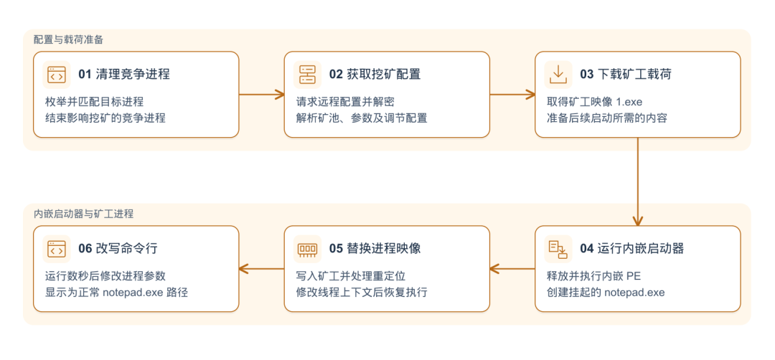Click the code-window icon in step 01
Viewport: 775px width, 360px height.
(57, 75)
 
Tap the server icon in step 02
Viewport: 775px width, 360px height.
(307, 75)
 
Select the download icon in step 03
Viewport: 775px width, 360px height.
(558, 75)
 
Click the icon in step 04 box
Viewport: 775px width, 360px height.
(558, 249)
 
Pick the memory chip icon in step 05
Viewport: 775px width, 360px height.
(307, 249)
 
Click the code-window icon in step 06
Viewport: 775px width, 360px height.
(57, 249)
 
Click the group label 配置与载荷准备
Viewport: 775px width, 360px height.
(69, 40)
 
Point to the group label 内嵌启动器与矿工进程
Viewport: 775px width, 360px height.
(83, 214)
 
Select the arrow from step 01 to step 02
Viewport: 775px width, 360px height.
(262, 95)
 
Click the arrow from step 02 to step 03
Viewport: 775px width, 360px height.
(512, 95)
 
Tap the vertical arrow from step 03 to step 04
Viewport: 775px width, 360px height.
(638, 181)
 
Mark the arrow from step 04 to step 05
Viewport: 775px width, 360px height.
(512, 269)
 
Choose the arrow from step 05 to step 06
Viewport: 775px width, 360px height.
(261, 269)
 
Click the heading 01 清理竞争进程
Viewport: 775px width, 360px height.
(124, 75)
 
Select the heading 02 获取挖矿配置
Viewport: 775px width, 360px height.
(375, 75)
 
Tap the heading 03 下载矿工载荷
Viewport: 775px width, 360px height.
(626, 75)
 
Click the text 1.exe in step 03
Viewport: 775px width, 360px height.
(629, 102)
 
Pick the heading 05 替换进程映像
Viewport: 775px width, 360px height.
(375, 249)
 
